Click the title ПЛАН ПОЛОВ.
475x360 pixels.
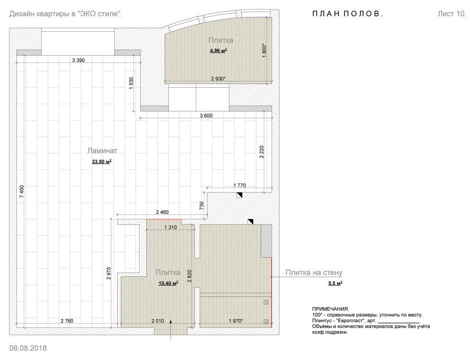(347, 14)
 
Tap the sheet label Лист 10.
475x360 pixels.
(451, 14)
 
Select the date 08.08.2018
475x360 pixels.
(28, 348)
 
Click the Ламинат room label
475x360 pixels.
(102, 151)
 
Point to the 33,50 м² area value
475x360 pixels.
(102, 162)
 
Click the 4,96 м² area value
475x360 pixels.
(218, 51)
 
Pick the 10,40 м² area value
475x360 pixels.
(168, 283)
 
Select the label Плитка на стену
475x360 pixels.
(314, 273)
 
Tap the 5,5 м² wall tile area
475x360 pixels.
(335, 283)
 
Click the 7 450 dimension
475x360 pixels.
(22, 192)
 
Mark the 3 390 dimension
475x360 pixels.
(79, 60)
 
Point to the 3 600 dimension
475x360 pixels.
(206, 116)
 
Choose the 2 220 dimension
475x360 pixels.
(262, 152)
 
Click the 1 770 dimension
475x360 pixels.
(239, 185)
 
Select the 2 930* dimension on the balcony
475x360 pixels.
(218, 79)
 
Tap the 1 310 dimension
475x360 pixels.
(170, 227)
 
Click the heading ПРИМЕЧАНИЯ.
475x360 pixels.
(331, 309)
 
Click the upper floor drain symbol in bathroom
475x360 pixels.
(266, 302)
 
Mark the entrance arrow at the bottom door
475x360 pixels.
(170, 330)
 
